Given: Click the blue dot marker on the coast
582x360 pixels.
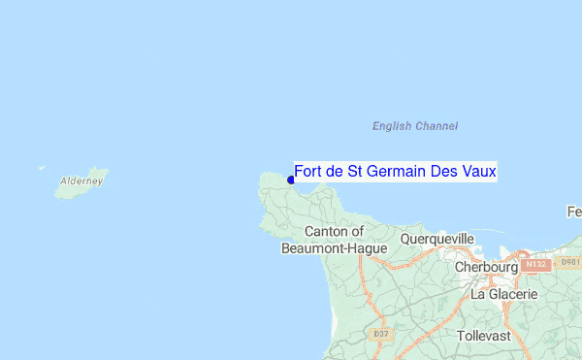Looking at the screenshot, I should [x=291, y=180].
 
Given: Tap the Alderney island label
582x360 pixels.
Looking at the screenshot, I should [x=81, y=181].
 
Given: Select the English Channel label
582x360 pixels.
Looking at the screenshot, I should [x=415, y=126].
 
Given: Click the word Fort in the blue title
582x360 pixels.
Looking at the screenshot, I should [x=307, y=172].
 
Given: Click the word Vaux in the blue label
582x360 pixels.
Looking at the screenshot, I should [x=478, y=172].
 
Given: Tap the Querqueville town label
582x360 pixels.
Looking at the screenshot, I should [x=437, y=239].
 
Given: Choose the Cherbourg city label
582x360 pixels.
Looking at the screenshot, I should [x=487, y=267].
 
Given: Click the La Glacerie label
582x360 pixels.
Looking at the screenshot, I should [x=504, y=293].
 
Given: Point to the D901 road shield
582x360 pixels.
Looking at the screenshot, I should [x=571, y=262].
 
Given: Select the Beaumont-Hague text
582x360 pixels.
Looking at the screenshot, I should [x=334, y=248].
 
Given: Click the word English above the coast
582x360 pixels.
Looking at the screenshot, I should [x=393, y=126].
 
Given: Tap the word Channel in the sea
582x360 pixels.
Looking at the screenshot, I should [x=436, y=126].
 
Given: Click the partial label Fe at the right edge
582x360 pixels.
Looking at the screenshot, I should [x=574, y=212].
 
